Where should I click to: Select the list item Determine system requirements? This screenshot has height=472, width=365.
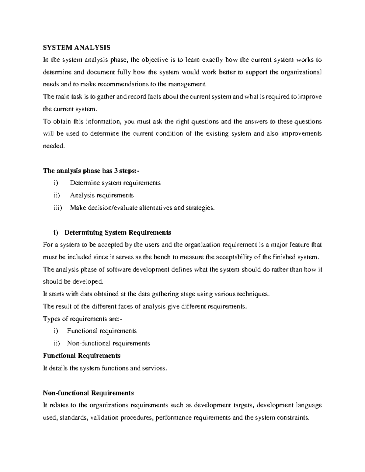[115, 183]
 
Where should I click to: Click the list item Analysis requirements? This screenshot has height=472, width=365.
[102, 195]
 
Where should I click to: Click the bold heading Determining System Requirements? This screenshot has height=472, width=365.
[118, 233]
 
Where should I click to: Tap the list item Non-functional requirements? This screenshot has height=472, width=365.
[109, 343]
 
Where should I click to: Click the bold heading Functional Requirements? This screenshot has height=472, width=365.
[82, 356]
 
